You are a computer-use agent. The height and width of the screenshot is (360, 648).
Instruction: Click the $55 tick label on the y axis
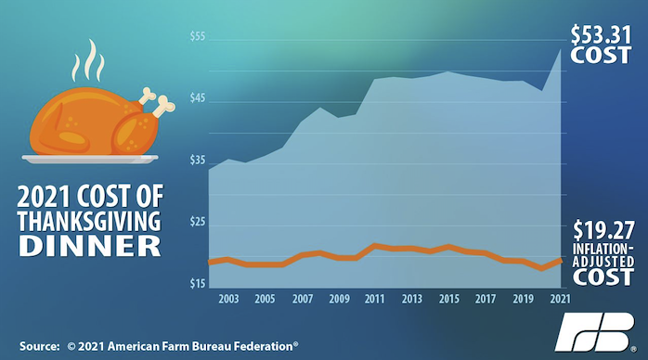pos(198,36)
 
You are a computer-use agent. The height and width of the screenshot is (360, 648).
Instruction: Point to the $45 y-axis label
pos(198,98)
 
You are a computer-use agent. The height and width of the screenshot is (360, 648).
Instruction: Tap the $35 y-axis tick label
pos(198,161)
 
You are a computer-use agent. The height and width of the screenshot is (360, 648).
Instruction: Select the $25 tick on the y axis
pos(198,222)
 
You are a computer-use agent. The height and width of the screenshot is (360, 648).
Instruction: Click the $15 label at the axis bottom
pos(198,284)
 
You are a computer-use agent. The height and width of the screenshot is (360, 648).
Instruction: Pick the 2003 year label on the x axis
pos(228,299)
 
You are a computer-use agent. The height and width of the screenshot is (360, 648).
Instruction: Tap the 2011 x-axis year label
pos(374,299)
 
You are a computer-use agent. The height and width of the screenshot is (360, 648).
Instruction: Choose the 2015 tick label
pos(448,299)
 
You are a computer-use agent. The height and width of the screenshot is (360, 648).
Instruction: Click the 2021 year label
pos(560,299)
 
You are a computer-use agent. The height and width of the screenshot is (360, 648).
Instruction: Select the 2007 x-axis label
pos(303,299)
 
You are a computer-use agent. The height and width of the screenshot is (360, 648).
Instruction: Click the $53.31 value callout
pos(602,35)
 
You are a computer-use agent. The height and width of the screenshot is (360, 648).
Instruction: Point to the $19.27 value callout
pos(603,230)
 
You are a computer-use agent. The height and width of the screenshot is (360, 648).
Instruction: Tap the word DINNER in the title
pos(90,246)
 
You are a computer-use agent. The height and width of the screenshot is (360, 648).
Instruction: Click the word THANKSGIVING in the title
pos(89,221)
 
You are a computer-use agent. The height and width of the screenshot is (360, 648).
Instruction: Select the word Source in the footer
pos(39,346)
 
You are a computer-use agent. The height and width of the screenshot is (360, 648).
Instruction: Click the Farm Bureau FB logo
pos(597,332)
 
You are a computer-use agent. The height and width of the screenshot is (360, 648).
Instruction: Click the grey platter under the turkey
pos(90,159)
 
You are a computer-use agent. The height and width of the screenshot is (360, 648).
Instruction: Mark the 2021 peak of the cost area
pos(561,49)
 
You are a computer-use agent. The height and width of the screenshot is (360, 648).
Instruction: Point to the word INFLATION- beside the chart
pos(603,249)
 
